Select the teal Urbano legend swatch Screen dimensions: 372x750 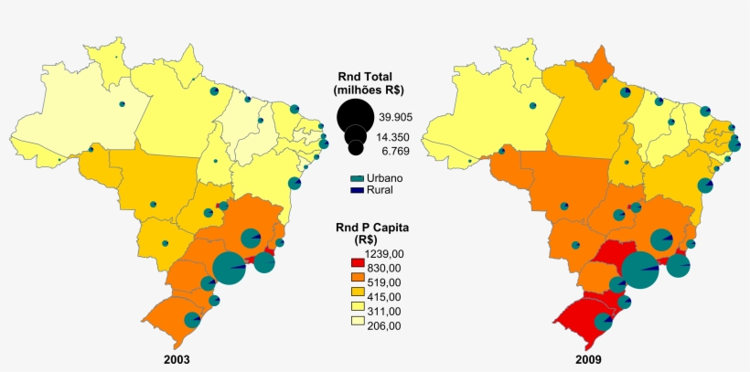359,177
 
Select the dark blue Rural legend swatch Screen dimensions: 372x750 359,189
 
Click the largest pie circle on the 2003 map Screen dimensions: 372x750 229,268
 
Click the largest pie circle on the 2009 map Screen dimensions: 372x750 640,271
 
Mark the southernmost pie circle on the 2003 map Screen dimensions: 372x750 192,320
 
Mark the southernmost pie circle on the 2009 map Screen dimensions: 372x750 603,322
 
